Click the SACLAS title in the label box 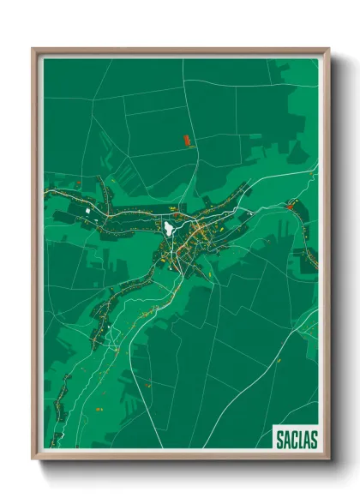[297, 440]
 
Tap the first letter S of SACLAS [280, 440]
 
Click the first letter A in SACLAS [287, 440]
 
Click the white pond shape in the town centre [169, 228]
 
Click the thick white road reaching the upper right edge [291, 176]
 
